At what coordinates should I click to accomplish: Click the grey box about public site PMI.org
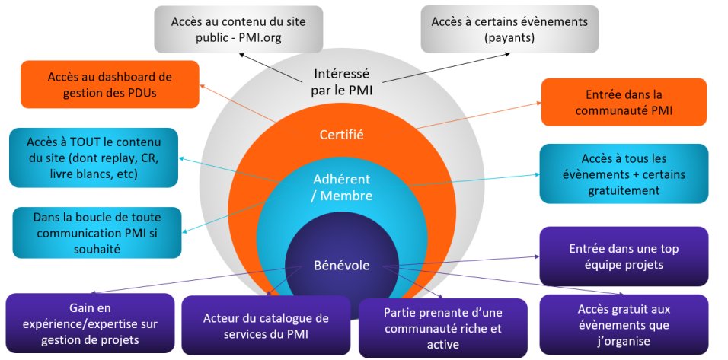(237, 28)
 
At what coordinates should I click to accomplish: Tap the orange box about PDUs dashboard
(110, 85)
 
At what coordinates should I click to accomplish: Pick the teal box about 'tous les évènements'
(624, 174)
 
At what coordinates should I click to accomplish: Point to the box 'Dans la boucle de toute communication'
(97, 232)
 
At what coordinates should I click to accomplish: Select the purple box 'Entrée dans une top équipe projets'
(624, 256)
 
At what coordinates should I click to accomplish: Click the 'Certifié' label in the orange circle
(342, 135)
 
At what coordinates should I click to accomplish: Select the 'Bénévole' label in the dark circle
(342, 266)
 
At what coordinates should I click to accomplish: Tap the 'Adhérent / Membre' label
(342, 187)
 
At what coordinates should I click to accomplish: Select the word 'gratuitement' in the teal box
(624, 190)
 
